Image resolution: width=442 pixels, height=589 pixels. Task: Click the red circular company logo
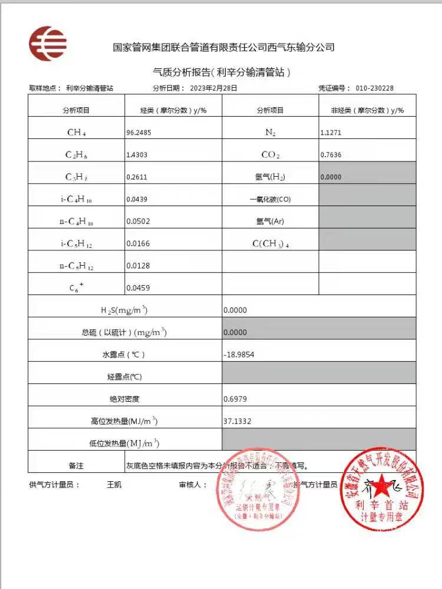[x=48, y=44]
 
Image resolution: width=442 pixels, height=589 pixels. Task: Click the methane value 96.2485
[x=138, y=133]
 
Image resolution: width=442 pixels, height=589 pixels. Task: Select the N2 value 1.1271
[x=330, y=133]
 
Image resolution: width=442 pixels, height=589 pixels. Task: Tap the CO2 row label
[x=271, y=155]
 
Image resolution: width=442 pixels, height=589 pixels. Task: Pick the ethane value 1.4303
[x=137, y=155]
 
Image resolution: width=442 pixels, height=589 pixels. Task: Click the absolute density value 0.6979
[x=235, y=399]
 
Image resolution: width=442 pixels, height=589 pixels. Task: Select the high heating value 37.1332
[x=237, y=421]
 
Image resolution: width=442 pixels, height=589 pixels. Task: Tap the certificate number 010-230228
[x=374, y=88]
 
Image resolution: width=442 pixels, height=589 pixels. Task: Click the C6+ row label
[x=77, y=289]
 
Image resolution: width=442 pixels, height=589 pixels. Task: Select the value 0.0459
[x=137, y=288]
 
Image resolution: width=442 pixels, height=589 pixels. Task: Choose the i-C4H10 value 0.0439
[x=137, y=199]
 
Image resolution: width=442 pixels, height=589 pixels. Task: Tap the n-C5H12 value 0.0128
[x=137, y=266]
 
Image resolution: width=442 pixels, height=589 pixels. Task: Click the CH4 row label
[x=77, y=133]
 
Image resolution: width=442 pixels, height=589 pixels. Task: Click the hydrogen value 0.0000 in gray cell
[x=331, y=177]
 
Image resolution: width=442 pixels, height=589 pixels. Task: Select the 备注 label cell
[x=76, y=465]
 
